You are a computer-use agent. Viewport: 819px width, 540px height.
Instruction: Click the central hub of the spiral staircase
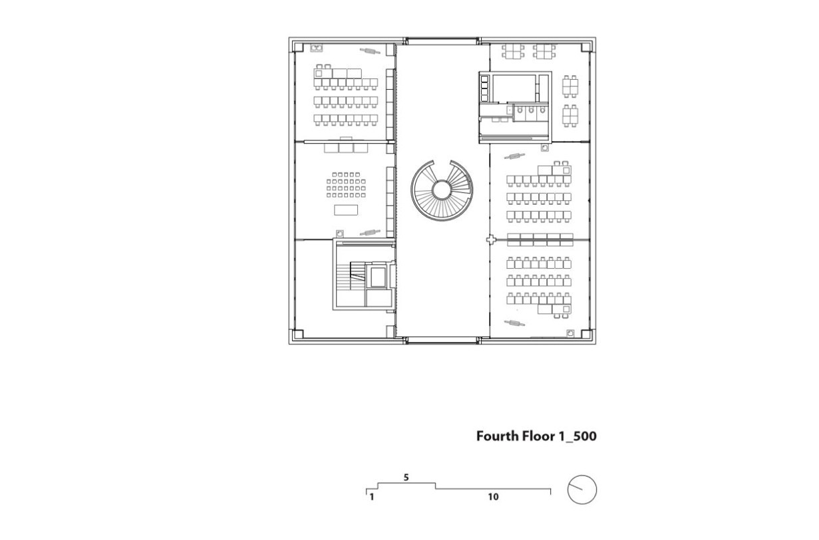(441, 190)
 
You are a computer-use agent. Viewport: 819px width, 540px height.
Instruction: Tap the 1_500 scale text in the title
(577, 436)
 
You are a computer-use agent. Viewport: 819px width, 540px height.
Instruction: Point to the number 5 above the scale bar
(406, 477)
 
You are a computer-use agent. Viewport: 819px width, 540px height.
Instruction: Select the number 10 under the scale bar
(493, 497)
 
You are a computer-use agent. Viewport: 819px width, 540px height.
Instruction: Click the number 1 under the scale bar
(371, 497)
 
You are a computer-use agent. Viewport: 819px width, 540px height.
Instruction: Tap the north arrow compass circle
(581, 489)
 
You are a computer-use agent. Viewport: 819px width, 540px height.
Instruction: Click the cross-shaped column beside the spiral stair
(491, 239)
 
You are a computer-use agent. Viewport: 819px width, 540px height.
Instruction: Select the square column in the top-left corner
(298, 47)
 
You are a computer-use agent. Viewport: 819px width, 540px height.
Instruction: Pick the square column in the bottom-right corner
(585, 334)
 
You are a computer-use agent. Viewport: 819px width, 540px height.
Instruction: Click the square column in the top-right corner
(585, 47)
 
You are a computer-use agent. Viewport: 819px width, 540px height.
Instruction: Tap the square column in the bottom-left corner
(298, 334)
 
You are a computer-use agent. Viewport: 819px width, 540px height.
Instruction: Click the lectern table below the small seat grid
(346, 210)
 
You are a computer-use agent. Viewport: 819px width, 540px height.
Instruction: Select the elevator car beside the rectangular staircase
(378, 277)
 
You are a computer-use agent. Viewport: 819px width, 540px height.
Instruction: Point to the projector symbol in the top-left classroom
(370, 51)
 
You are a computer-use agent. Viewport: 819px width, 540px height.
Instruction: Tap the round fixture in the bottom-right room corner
(570, 333)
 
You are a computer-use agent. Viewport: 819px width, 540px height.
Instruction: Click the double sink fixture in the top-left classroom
(316, 47)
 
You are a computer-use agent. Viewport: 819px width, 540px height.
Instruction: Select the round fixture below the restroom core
(545, 147)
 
